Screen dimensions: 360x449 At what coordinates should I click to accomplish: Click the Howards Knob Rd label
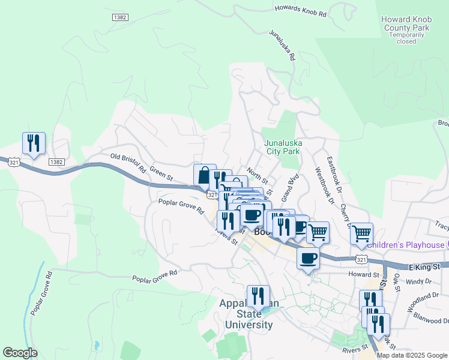[x=300, y=10]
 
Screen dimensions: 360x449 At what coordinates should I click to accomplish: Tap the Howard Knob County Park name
[x=406, y=24]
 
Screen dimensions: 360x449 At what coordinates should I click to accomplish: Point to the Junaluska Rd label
[x=282, y=46]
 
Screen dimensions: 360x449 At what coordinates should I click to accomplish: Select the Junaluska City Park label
[x=283, y=148]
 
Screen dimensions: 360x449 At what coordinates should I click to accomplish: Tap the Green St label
[x=161, y=173]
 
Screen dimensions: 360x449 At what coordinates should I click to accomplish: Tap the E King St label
[x=425, y=266]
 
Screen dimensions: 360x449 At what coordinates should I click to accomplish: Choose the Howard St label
[x=361, y=274]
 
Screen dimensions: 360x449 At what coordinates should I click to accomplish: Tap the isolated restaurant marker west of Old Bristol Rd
[x=33, y=143]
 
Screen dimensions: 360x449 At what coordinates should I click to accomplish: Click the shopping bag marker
[x=204, y=175]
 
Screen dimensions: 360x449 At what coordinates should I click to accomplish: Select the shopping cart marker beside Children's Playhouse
[x=361, y=233]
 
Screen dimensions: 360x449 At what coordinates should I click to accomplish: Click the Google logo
[x=20, y=353]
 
